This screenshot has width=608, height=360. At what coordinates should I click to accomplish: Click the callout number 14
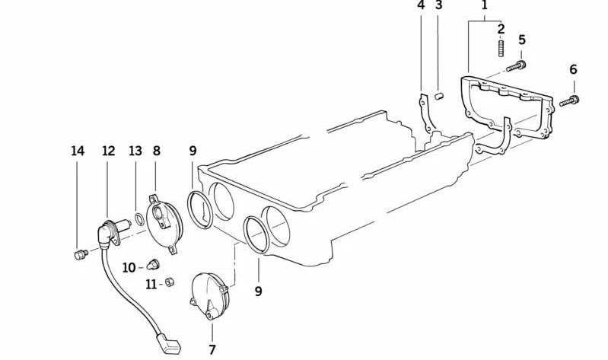(x=78, y=151)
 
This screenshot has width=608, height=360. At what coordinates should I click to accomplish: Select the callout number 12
(x=109, y=151)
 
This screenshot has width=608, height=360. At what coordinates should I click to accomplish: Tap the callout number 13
(x=135, y=151)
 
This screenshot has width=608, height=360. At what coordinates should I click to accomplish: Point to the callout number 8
(x=156, y=151)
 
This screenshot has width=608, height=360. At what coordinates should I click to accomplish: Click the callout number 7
(x=212, y=350)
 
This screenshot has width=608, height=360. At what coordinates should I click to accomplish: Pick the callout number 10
(x=129, y=268)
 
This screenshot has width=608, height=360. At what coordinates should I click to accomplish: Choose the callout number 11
(x=151, y=285)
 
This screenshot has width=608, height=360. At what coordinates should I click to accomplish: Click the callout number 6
(x=573, y=69)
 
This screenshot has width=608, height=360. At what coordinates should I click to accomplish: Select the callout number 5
(x=521, y=40)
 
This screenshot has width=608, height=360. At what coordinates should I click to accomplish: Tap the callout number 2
(x=501, y=29)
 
